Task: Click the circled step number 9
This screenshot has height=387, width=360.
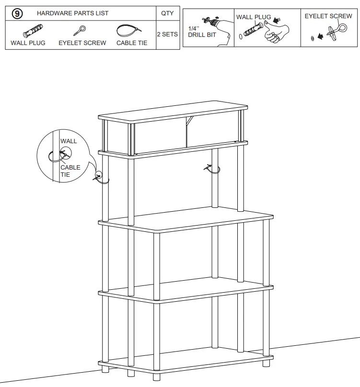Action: [x=17, y=13]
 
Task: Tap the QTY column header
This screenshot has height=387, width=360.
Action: [x=167, y=13]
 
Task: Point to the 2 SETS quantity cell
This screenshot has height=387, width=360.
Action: [x=167, y=34]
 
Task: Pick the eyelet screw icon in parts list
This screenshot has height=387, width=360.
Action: [x=80, y=31]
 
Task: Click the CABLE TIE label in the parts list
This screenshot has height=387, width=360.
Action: [x=132, y=43]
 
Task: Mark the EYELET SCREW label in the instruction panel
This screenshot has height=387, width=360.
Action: [x=328, y=16]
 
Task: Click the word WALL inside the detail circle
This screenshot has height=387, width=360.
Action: [x=69, y=141]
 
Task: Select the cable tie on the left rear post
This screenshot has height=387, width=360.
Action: [x=101, y=177]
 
